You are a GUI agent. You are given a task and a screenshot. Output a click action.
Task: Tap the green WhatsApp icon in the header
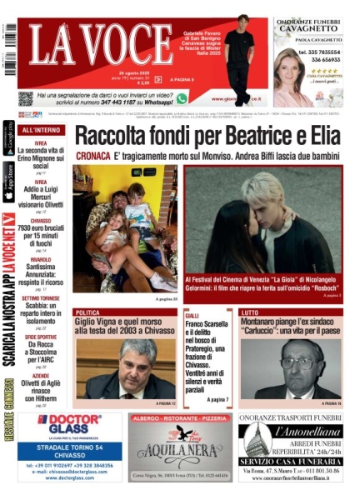(x=182, y=98)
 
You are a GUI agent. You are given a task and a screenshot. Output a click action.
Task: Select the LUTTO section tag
(x=250, y=313)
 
